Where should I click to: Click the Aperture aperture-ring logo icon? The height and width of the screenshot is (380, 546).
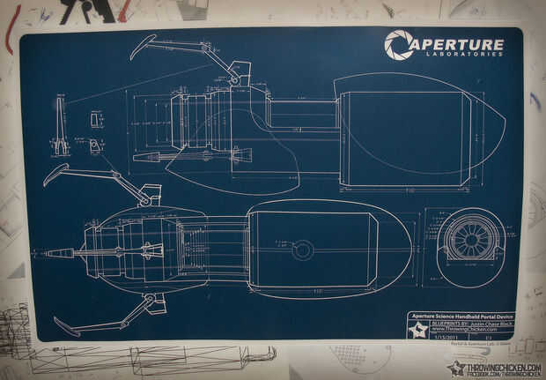point(398,45)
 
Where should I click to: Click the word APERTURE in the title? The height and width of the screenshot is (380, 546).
point(459,44)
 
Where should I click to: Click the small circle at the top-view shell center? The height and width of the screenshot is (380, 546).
point(302,250)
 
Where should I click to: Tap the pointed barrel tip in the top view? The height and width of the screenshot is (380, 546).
point(49,254)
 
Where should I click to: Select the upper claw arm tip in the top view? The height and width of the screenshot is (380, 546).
point(53,173)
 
